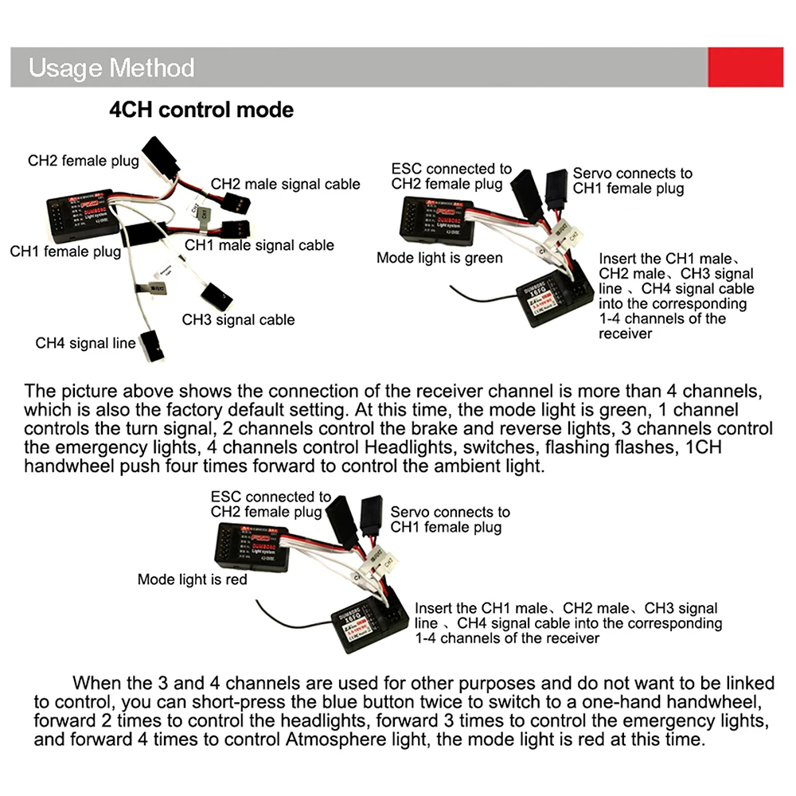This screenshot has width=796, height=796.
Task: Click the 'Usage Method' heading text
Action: [x=111, y=68]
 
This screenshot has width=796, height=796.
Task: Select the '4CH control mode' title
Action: [x=201, y=109]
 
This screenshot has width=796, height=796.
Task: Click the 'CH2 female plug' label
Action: [x=84, y=160]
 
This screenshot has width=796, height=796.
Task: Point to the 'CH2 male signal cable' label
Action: [x=285, y=184]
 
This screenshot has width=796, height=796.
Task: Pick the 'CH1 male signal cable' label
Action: [x=259, y=245]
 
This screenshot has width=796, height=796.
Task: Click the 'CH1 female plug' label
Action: [x=65, y=252]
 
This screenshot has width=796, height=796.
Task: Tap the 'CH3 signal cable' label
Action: [x=238, y=320]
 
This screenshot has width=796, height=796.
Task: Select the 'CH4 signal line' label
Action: [x=86, y=344]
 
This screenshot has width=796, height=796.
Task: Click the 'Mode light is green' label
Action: [x=439, y=258]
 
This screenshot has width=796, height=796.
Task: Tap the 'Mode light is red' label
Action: [x=192, y=579]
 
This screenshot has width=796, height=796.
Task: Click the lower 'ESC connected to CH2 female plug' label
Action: [x=271, y=505]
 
